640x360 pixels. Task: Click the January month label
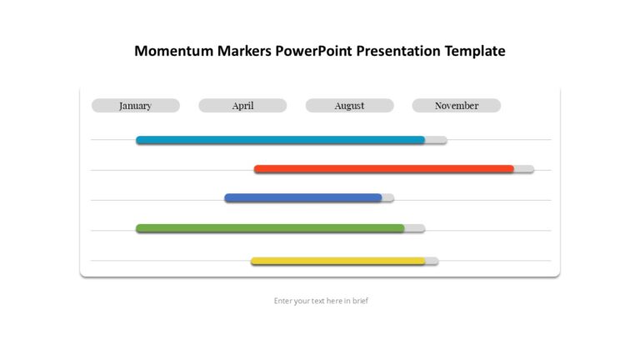[x=135, y=106]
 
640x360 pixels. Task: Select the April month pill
[x=242, y=106]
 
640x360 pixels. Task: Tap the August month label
[x=349, y=106]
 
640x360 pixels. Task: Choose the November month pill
[x=457, y=106]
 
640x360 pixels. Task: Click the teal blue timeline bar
[x=280, y=140]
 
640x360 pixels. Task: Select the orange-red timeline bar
[x=383, y=169]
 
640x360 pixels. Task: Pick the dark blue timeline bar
[x=303, y=198]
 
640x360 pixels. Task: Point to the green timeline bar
[x=270, y=228]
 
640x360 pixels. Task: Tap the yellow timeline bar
[x=337, y=261]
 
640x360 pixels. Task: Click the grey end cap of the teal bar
[x=437, y=140]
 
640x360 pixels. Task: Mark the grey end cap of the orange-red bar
[x=524, y=169]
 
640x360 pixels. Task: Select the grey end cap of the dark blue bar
[x=388, y=198]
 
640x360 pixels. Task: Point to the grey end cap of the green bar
[x=415, y=228]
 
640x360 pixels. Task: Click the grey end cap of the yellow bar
[x=432, y=261]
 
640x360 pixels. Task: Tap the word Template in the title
[x=475, y=51]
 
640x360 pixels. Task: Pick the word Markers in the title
[x=242, y=51]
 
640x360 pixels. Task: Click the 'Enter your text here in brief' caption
[x=321, y=301]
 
